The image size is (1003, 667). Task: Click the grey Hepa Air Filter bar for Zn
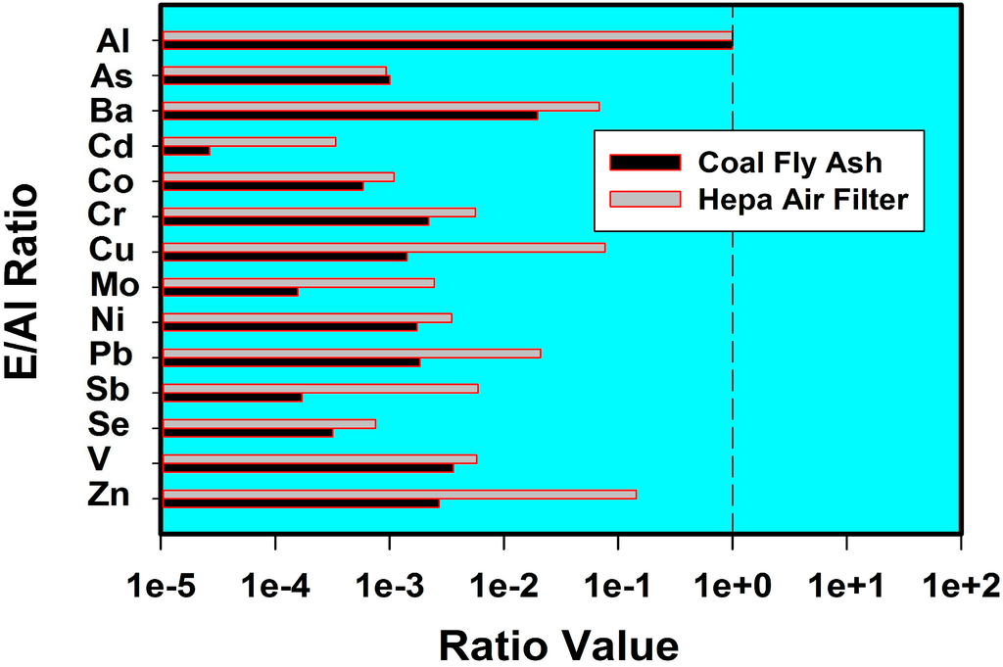[x=400, y=494]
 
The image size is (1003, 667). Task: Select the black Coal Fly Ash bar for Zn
[x=301, y=503]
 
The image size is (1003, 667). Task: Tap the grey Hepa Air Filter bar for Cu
[x=384, y=247]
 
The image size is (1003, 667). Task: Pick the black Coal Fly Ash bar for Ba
[x=350, y=116]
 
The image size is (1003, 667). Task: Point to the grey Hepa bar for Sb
[x=320, y=388]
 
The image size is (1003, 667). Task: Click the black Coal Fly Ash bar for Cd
[x=186, y=151]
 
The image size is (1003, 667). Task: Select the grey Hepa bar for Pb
[x=352, y=353]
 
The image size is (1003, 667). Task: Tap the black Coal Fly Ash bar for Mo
[x=230, y=292]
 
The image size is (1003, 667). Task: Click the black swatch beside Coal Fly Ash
[x=645, y=162]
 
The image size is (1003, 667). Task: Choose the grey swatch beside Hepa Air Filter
[x=645, y=199]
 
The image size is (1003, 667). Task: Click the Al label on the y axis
[x=114, y=41]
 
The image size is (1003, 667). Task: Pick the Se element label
[x=109, y=425]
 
